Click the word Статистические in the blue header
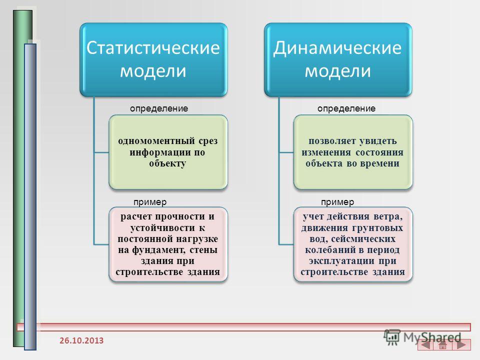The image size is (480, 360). [153, 48]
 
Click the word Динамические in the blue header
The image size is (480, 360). [337, 48]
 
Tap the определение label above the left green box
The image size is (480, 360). [159, 108]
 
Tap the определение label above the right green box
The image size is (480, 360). [346, 108]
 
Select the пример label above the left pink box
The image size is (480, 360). [150, 202]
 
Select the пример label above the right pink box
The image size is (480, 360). [337, 202]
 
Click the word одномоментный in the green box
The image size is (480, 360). [156, 141]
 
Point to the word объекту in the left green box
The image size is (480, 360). [167, 163]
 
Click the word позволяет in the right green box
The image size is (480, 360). [331, 141]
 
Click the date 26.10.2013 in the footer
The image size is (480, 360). [81, 340]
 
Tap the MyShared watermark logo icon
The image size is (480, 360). [392, 337]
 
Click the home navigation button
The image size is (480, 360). [442, 344]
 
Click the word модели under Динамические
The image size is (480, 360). [337, 71]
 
